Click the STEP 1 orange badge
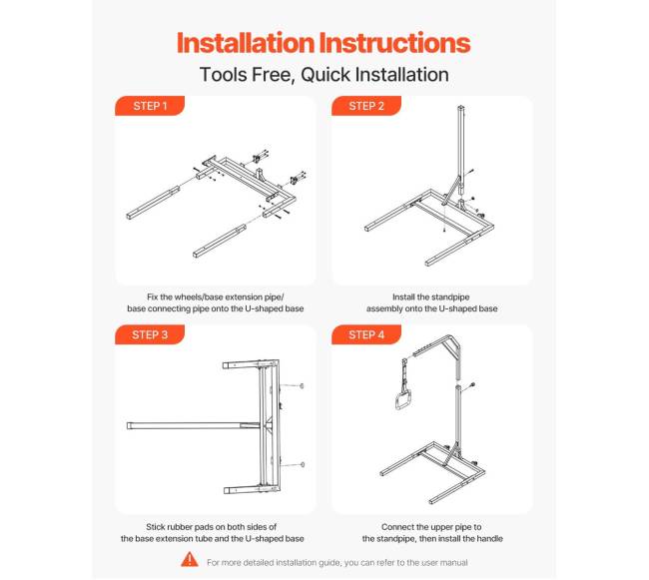coord(150,106)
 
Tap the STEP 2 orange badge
coord(366,106)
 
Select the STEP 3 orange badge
coord(150,334)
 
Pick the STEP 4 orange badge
coord(366,334)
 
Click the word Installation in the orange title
coord(246,43)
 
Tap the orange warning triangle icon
coord(190,559)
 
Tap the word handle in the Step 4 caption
coord(490,539)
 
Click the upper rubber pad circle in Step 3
coord(302,386)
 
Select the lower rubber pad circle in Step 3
coord(303,464)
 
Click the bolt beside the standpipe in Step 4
coord(471,386)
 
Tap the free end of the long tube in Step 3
coord(129,425)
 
